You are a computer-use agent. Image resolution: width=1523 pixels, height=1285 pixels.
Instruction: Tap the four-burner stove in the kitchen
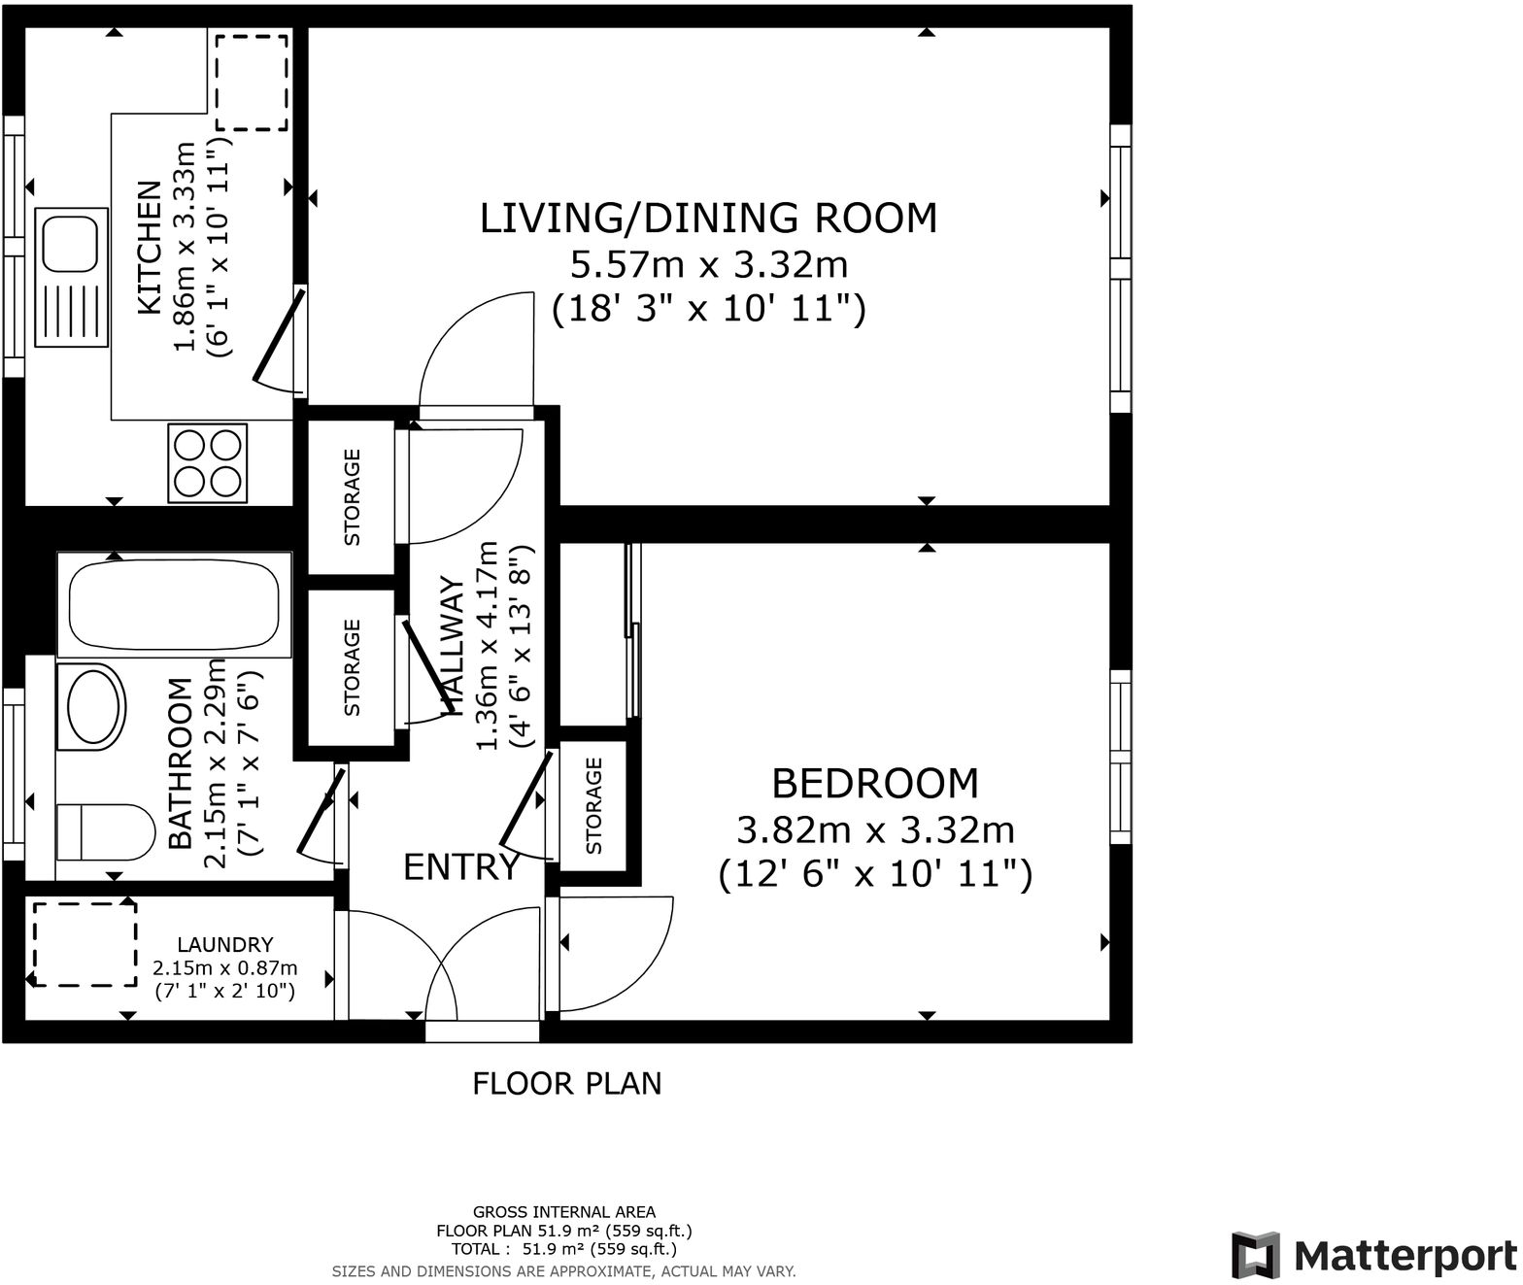(207, 463)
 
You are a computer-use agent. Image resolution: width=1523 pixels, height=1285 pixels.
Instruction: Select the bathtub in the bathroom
(174, 603)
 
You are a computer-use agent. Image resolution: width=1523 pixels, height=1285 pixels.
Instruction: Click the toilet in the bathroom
(105, 832)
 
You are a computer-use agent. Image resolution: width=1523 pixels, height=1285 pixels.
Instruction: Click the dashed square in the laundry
(85, 944)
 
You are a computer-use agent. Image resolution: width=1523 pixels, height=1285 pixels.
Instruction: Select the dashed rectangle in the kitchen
(252, 83)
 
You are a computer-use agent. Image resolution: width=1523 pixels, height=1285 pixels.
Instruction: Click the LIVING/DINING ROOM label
(708, 218)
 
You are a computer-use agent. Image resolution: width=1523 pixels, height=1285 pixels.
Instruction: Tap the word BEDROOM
(874, 783)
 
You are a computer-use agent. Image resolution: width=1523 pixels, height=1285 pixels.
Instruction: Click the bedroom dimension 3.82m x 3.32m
(874, 830)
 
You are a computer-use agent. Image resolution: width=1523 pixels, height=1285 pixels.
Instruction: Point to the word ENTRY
(460, 867)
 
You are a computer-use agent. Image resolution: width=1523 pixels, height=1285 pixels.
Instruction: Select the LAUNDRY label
(224, 944)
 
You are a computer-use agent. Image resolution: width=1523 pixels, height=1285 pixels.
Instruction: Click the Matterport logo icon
(1255, 1255)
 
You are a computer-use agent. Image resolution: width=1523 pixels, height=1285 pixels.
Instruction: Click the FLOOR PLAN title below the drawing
(566, 1083)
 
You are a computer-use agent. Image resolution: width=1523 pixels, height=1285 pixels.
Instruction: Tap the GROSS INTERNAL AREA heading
(563, 1211)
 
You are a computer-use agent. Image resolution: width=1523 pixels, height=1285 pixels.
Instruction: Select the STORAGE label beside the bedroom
(594, 805)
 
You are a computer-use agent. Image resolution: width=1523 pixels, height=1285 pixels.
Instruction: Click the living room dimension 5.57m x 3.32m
(708, 264)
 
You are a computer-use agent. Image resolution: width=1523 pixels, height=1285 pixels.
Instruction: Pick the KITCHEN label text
(150, 248)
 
